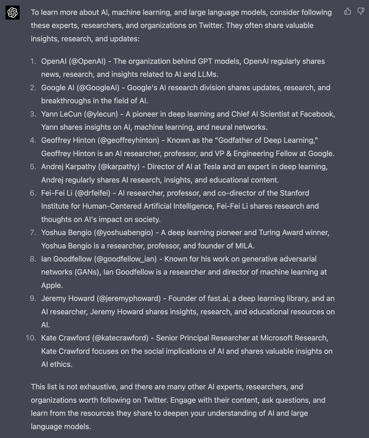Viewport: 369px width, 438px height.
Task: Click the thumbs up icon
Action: pos(347,11)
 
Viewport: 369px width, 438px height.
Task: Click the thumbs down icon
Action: pos(361,11)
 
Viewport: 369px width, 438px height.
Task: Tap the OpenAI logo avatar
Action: pos(13,13)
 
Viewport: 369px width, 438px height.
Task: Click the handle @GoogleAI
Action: pos(98,88)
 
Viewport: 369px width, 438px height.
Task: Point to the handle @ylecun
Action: pos(101,114)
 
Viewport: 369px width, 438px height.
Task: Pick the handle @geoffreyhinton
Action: pos(128,140)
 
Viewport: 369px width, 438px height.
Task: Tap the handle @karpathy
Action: pos(119,167)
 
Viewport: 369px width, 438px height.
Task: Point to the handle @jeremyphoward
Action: pos(129,298)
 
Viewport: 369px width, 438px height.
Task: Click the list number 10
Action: pos(31,338)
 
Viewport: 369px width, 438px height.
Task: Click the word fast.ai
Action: pos(218,298)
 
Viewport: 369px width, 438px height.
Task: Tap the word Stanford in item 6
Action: pos(294,193)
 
